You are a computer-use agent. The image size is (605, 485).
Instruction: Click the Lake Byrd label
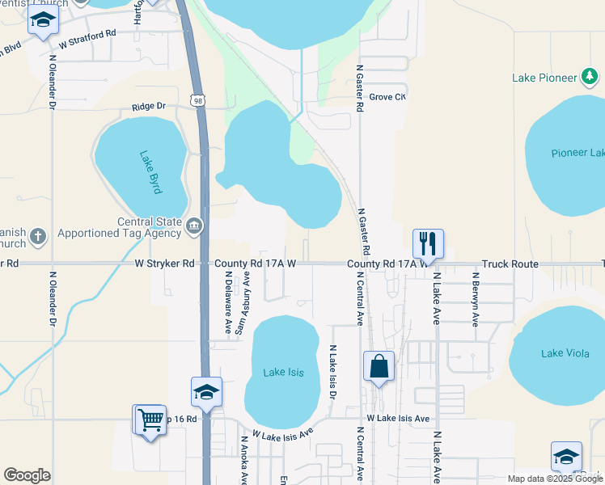click(151, 172)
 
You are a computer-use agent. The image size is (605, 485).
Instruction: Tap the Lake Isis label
click(284, 372)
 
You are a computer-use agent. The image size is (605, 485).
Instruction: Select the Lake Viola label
click(564, 352)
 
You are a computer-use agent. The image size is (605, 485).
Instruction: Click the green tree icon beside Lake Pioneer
click(591, 78)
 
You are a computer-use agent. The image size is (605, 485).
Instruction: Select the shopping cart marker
click(150, 420)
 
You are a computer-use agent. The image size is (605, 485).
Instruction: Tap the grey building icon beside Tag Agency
click(194, 225)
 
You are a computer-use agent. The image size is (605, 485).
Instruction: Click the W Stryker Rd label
click(165, 264)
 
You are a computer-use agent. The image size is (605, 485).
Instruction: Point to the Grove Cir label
click(387, 97)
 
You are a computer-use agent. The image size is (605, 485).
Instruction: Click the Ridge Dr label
click(149, 106)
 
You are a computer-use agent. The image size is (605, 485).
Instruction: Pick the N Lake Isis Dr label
click(332, 370)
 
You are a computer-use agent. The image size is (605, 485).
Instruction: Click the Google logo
click(27, 475)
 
